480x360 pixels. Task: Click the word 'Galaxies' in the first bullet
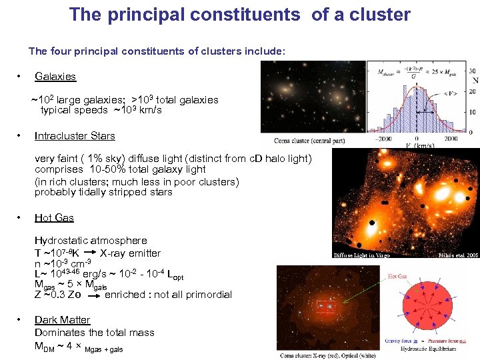(x=55, y=77)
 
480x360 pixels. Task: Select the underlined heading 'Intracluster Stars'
(x=75, y=136)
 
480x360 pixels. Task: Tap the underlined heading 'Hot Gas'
(x=54, y=218)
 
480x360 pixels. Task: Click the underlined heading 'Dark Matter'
(x=62, y=320)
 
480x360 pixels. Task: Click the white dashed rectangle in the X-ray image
(x=327, y=307)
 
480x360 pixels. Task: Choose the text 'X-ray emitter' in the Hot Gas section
(x=130, y=253)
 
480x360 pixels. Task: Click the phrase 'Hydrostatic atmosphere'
(x=91, y=241)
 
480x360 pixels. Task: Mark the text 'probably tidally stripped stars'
(x=103, y=192)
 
